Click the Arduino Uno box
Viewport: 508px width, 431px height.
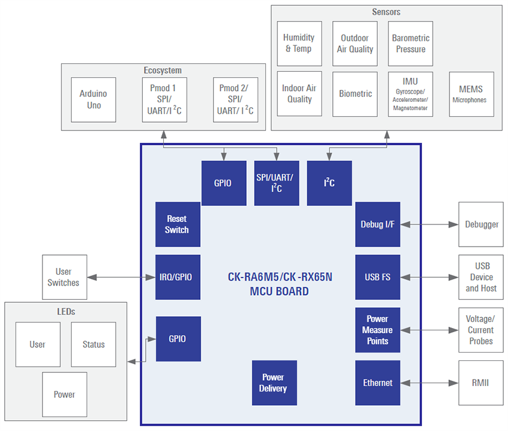click(93, 99)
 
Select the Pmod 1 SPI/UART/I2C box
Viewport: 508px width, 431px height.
click(164, 99)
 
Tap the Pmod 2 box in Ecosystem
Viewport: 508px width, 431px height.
click(235, 99)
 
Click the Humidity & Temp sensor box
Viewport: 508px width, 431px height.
click(299, 43)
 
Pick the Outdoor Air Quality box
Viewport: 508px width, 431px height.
click(355, 43)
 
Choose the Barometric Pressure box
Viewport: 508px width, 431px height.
click(411, 43)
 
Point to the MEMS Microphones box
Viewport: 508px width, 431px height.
click(471, 94)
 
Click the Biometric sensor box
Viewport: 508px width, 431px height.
click(355, 94)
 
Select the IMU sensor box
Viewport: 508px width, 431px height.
click(411, 94)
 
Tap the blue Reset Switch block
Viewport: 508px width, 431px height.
click(178, 224)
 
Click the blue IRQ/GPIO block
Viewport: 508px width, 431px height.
click(178, 277)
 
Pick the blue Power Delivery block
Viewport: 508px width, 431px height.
click(274, 383)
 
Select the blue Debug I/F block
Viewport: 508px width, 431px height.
click(378, 224)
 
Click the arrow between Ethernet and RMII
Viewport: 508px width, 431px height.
click(429, 383)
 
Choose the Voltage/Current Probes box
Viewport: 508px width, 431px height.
click(481, 330)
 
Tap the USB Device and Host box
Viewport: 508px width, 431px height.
click(481, 277)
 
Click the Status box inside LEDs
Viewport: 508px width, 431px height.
click(93, 344)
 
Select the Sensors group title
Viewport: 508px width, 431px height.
click(386, 12)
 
